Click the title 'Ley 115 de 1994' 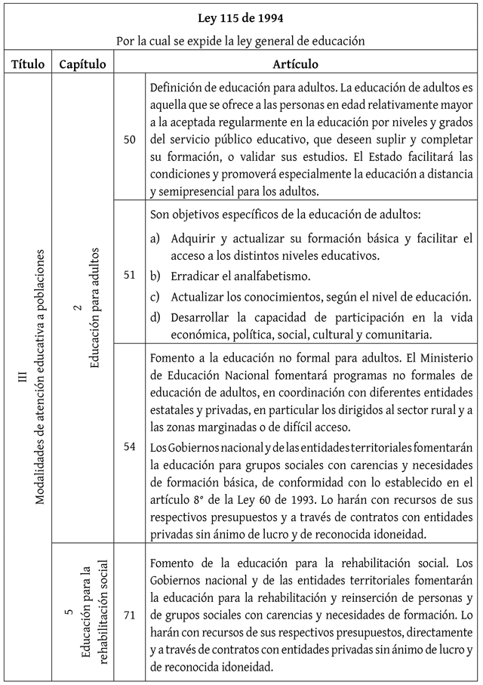click(241, 17)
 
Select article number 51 click(129, 274)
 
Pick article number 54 click(129, 446)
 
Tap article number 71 click(129, 615)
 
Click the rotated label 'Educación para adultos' click(94, 307)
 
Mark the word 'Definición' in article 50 click(178, 87)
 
